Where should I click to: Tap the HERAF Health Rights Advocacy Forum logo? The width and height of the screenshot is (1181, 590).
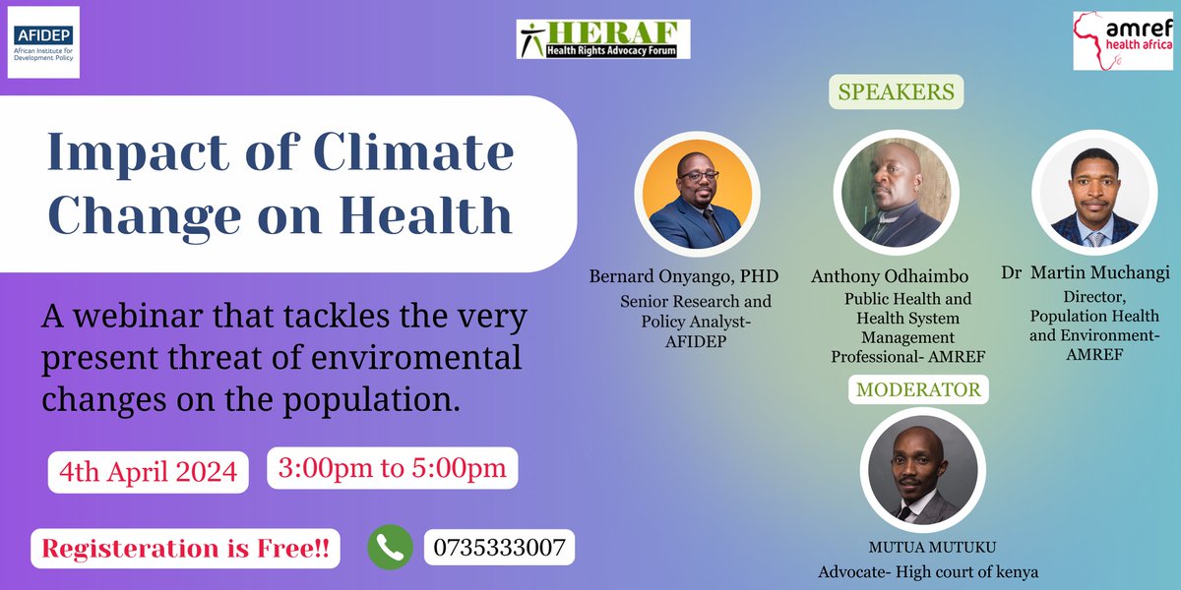tap(603, 38)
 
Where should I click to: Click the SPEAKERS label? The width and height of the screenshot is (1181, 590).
tap(896, 92)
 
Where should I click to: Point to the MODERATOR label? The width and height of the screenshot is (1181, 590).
tap(918, 389)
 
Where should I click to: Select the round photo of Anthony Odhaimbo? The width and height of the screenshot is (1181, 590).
tap(895, 191)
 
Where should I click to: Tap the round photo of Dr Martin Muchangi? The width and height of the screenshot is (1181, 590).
tap(1093, 191)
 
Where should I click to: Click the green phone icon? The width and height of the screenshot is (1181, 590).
tap(390, 547)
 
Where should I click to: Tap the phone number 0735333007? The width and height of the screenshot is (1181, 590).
tap(500, 548)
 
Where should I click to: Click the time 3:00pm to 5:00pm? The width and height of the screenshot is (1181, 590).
tap(392, 469)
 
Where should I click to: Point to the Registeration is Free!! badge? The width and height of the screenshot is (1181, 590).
tap(185, 549)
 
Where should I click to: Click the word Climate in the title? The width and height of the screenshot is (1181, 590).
tap(413, 153)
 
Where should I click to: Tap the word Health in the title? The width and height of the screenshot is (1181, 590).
tap(429, 215)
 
